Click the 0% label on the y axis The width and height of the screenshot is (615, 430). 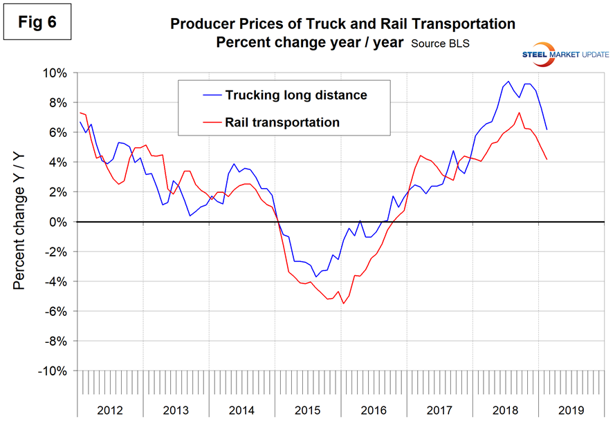tap(59, 222)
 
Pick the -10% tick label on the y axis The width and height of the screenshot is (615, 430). tap(53, 371)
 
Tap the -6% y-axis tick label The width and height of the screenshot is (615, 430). tap(55, 312)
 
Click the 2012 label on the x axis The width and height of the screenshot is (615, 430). tap(110, 410)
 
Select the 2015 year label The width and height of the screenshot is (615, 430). tap(308, 410)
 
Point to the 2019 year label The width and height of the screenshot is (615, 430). tap(571, 410)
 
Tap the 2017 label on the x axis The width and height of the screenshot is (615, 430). tap(439, 410)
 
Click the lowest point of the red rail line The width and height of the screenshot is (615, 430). tap(343, 303)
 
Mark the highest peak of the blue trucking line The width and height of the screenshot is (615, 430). tap(509, 81)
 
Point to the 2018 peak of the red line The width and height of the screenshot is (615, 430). tap(519, 113)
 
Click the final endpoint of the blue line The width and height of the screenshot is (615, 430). tap(547, 130)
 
